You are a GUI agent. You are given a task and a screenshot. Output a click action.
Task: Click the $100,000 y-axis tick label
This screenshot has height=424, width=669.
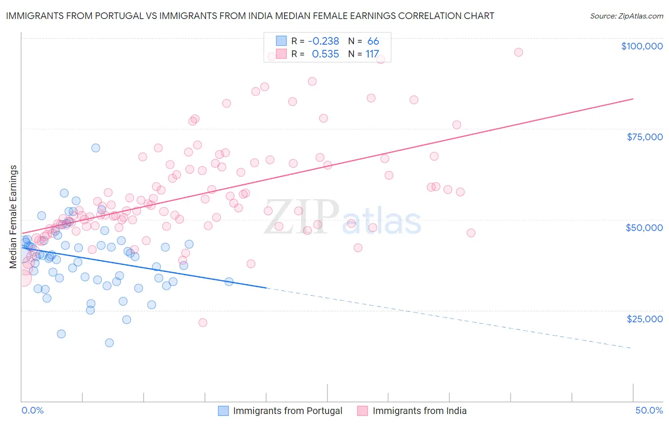pos(641,46)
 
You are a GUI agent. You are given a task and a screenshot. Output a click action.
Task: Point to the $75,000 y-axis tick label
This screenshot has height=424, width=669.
pos(644,137)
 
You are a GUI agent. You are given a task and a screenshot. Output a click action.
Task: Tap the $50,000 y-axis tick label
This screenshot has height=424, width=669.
pos(644,228)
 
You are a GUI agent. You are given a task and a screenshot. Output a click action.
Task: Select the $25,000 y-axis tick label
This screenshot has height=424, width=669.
pos(644,318)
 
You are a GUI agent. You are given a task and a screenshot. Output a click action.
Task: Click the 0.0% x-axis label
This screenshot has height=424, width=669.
pos(32,410)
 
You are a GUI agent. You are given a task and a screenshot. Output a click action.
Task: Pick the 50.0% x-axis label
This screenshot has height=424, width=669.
pos(649,410)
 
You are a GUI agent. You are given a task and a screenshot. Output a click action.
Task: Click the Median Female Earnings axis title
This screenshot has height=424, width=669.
pos(13,217)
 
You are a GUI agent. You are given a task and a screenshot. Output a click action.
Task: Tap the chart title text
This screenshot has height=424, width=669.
pos(250,16)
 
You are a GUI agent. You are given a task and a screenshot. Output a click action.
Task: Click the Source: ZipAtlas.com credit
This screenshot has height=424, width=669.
pos(626,16)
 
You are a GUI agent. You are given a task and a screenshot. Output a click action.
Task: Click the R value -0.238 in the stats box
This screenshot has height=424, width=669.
pos(323,41)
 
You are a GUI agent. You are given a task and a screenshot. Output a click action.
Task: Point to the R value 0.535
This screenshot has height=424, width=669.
pos(325,54)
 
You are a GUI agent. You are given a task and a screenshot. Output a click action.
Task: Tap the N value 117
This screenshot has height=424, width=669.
pos(372,54)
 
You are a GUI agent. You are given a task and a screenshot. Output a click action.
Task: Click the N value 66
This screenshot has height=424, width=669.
pos(373,41)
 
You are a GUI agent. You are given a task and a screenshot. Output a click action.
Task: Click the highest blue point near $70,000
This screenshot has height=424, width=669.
pos(96,148)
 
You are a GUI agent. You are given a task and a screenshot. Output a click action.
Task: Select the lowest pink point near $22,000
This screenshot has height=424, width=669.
pos(203,322)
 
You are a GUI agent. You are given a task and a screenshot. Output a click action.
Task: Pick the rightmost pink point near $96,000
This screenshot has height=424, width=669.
pos(519,52)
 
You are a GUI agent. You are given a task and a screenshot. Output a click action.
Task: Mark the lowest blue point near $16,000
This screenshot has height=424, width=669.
pos(109,343)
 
